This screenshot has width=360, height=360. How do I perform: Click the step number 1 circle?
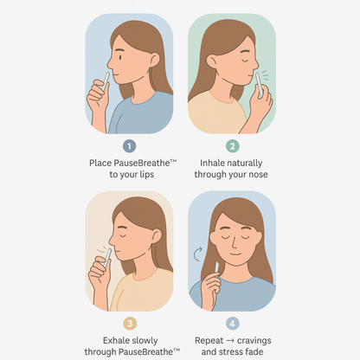click(129, 146)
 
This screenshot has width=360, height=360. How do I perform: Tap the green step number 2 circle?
click(232, 146)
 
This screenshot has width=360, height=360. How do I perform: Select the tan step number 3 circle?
click(130, 324)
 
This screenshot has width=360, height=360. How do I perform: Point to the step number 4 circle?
click(232, 324)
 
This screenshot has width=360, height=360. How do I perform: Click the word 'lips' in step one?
click(147, 175)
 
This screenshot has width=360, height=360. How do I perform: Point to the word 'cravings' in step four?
click(254, 341)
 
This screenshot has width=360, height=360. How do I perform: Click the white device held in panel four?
click(216, 267)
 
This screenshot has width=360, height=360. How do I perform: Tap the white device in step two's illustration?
click(259, 85)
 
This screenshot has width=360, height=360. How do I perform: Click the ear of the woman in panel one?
click(154, 60)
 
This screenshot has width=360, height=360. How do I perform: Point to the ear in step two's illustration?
click(212, 62)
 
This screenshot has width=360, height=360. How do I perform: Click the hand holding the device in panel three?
click(99, 270)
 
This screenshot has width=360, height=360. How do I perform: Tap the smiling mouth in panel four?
click(235, 254)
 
